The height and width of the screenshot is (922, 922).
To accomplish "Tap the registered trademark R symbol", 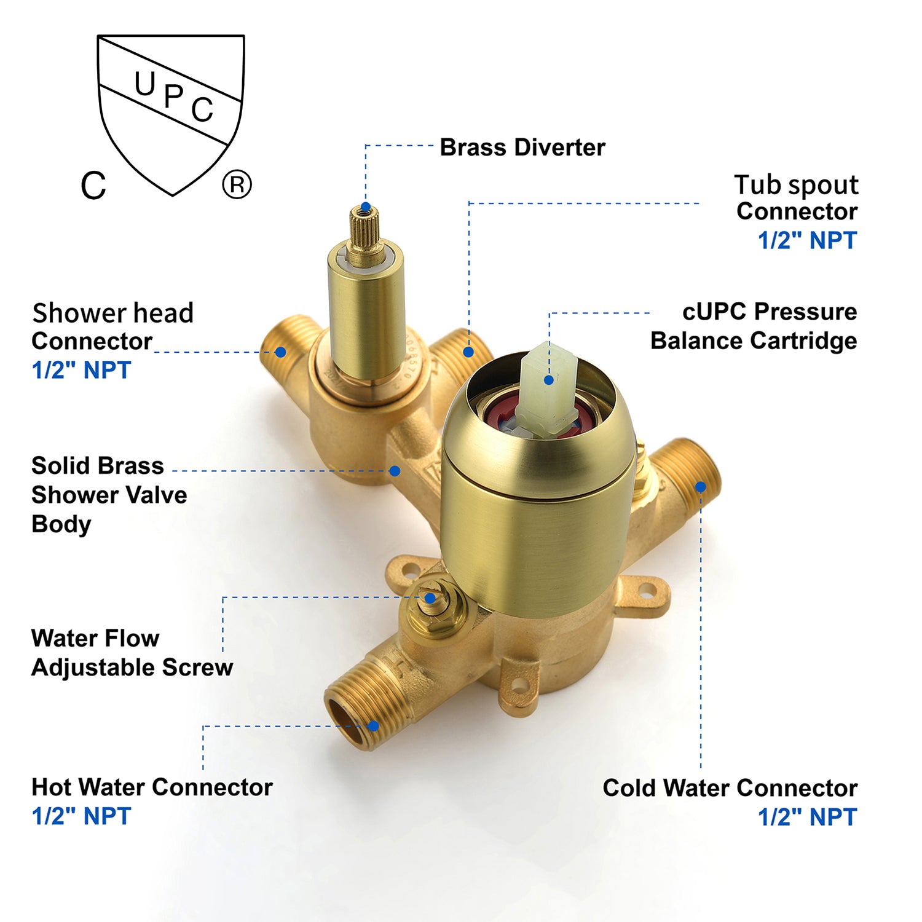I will [237, 184].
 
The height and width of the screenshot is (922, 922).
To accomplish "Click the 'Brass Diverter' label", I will [522, 148].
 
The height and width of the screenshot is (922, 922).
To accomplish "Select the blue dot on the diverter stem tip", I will [366, 207].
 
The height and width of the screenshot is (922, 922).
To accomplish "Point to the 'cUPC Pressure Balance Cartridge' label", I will [754, 326].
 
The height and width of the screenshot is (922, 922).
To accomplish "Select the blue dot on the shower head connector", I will [280, 352].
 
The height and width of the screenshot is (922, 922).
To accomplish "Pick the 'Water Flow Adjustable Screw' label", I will [132, 653].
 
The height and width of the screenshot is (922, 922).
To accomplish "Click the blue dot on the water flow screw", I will [431, 598].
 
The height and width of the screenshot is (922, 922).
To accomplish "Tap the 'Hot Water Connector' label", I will [152, 787].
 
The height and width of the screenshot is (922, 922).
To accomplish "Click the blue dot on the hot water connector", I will [373, 726].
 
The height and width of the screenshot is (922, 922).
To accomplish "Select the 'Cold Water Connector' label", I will [730, 788].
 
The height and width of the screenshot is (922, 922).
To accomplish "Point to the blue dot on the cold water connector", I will [701, 487].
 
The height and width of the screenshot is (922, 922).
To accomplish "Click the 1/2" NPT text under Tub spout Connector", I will [807, 240].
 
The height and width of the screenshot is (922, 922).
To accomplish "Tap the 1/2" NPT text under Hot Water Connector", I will [81, 816].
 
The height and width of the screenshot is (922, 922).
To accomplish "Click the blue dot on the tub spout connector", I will [469, 352].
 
